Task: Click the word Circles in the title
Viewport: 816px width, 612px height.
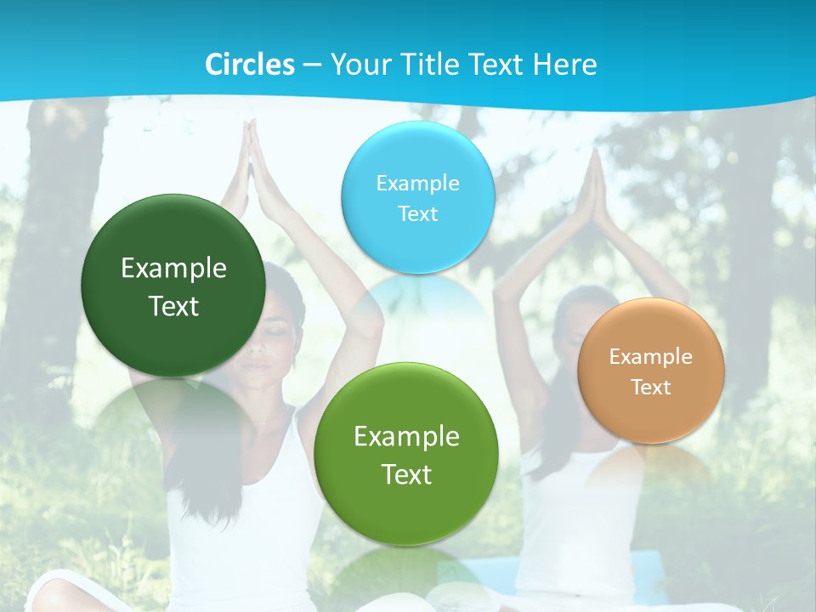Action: pos(250,65)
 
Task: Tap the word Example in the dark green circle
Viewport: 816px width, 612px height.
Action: pos(173,269)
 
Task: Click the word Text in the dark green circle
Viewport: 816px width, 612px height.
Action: pos(173,306)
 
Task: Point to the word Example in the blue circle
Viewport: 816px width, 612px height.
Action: pos(417,183)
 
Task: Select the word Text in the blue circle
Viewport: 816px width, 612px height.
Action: pos(417,213)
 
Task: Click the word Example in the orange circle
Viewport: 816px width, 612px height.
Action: pos(650,356)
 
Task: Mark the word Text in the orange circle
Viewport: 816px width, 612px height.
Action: pos(651,387)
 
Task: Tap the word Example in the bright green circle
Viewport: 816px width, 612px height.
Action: pos(406,437)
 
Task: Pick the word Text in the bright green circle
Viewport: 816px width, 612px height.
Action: pos(406,474)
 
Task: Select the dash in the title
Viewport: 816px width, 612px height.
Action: pos(312,65)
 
